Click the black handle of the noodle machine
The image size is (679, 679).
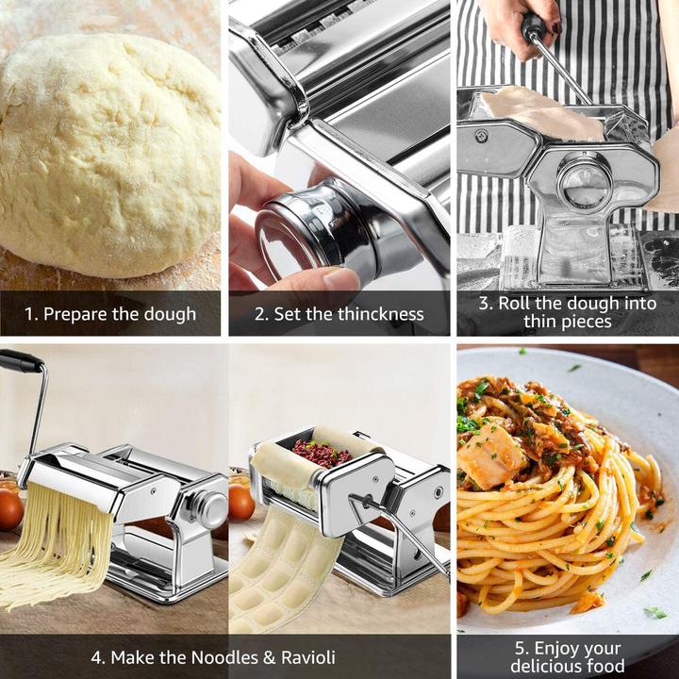[21, 361]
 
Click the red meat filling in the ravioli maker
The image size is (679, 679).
[321, 452]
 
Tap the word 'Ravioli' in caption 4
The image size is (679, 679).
[303, 657]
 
